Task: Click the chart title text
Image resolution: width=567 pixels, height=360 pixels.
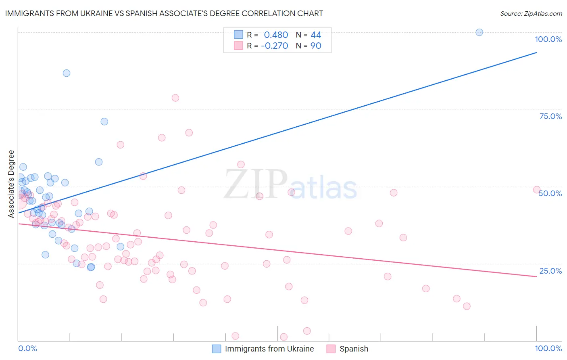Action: coord(164,13)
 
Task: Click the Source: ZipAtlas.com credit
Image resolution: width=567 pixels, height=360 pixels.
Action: coord(531,13)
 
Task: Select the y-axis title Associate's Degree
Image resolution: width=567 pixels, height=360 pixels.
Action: coord(11,184)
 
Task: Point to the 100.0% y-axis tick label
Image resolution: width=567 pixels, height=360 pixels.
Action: coord(548,39)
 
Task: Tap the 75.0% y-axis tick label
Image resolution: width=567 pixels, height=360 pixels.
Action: coord(550,116)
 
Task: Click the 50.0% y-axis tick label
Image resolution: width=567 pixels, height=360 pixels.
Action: coord(550,193)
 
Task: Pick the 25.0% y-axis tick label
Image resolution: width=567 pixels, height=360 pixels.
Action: coord(550,270)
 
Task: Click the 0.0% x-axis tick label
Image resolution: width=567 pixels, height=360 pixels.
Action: coord(27,348)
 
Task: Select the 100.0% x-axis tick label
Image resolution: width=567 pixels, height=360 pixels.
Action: coord(548,348)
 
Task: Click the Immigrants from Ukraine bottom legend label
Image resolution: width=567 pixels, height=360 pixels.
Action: coord(269,349)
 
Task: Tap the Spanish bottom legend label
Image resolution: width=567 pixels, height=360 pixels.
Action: coord(354,349)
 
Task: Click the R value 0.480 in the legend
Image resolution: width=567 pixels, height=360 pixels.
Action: coord(276,35)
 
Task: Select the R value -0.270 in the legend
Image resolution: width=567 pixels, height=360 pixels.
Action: coord(274,46)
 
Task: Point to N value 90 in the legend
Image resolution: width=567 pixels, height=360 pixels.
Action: coord(316,46)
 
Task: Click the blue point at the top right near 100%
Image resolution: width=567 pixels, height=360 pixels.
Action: coord(479,32)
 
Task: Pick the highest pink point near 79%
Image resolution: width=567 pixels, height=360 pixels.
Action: coord(175,98)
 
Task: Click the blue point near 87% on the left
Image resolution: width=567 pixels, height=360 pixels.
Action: coord(67,73)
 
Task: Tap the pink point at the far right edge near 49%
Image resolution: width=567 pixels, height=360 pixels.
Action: coord(536,190)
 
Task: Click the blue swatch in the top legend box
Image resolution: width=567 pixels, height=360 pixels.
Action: coord(239,35)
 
